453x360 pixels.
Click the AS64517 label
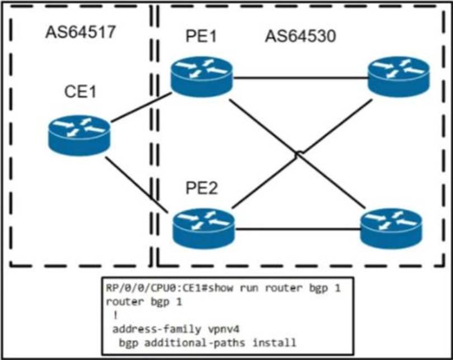(81, 32)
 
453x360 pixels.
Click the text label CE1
(78, 92)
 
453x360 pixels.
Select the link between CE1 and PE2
(137, 183)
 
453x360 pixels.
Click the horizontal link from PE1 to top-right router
(300, 78)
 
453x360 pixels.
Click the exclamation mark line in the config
(115, 315)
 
